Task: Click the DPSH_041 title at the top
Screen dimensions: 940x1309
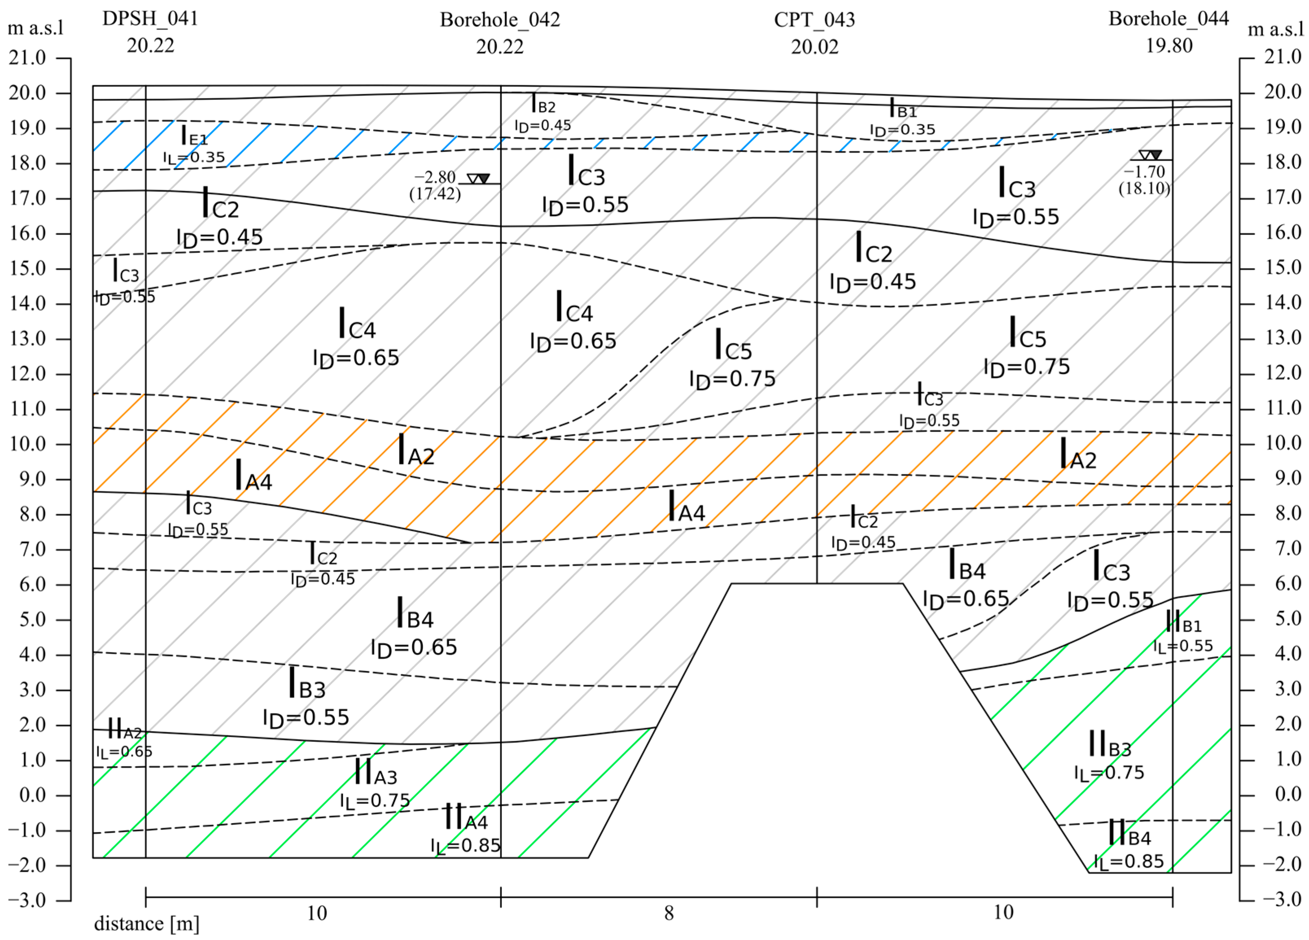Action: [150, 18]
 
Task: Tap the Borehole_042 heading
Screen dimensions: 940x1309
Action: [500, 20]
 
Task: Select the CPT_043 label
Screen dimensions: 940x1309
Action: [814, 20]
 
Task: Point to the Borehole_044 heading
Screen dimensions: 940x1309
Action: [1168, 18]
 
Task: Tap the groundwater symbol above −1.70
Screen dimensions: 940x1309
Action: [1150, 155]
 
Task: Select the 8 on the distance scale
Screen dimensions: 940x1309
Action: [669, 913]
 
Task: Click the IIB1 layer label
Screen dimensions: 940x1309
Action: [1183, 623]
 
